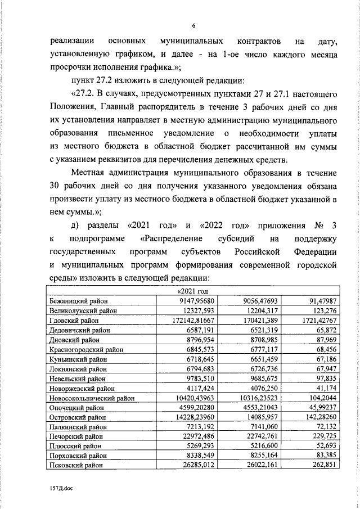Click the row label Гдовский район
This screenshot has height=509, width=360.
(74, 319)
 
